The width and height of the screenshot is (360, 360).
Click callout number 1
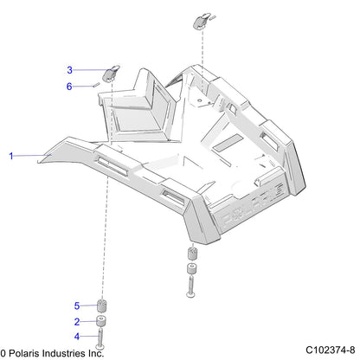11,156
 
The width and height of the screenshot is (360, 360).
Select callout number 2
77,322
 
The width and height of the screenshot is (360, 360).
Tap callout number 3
69,70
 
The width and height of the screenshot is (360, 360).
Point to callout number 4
77,337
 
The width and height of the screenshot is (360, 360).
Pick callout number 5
77,305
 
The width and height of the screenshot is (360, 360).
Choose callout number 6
69,87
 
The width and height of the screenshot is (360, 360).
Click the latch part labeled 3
111,73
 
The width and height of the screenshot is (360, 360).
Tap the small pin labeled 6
96,85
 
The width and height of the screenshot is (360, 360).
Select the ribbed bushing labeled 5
101,306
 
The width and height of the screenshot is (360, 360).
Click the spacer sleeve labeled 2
101,321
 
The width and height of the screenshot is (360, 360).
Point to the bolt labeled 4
100,338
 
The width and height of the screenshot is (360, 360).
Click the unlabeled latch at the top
202,21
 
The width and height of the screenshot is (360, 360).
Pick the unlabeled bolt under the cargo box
191,286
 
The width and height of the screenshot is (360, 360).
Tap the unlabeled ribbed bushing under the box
192,254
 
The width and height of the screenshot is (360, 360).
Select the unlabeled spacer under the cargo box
192,268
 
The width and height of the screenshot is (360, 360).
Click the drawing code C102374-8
331,350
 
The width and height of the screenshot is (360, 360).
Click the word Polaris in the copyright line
26,353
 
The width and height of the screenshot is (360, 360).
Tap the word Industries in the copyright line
64,353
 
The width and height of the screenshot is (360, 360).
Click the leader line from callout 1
32,156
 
